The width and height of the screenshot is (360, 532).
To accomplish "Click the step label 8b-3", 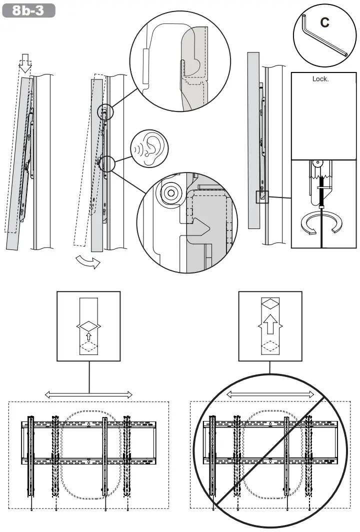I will click(28, 11).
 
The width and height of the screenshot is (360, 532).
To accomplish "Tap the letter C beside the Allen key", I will click(324, 22).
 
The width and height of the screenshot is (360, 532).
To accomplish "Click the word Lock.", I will click(320, 79).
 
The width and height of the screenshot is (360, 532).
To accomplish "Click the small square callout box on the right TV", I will click(262, 197).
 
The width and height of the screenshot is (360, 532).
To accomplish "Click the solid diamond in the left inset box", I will click(88, 326).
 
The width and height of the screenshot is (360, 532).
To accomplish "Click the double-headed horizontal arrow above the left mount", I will click(89, 394).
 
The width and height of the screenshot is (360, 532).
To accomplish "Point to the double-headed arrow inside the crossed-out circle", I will click(270, 394).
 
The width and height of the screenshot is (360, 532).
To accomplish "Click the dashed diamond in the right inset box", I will click(270, 346).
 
